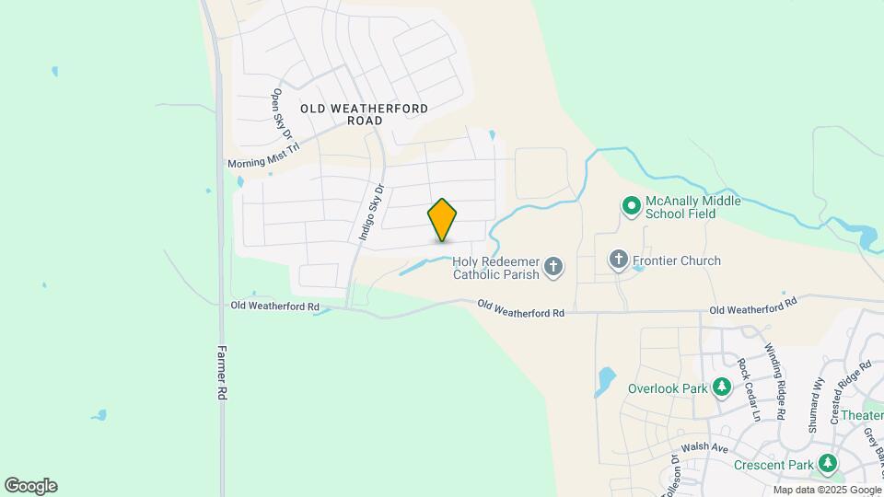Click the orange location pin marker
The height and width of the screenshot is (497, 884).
tap(442, 220)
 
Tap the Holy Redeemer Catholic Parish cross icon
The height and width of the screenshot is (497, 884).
tap(553, 267)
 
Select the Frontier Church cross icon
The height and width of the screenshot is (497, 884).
tap(619, 260)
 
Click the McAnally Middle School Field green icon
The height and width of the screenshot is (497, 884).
tap(631, 206)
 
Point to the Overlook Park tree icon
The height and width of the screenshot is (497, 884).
tap(722, 388)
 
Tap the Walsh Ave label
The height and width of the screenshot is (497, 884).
tap(706, 448)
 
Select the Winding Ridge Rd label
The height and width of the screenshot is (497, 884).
tap(775, 381)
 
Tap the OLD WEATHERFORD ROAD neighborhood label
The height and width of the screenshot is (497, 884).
tap(364, 114)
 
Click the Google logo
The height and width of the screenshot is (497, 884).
tap(30, 486)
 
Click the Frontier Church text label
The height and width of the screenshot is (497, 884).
tap(677, 260)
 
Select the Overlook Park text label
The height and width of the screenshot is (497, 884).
tap(668, 388)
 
